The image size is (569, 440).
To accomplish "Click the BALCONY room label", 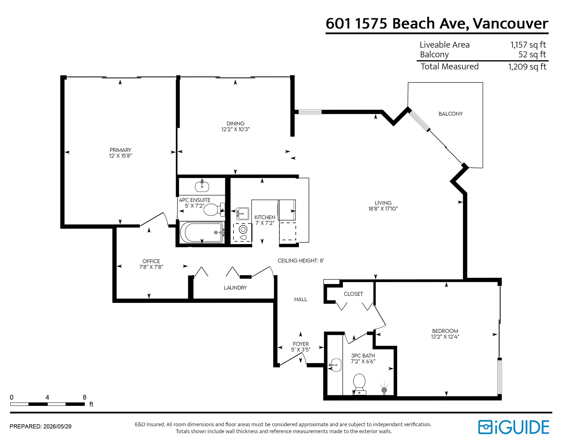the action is tap(450, 114).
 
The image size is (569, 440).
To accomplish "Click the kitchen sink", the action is tap(243, 214).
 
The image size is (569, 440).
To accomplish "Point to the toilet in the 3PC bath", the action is tap(359, 384).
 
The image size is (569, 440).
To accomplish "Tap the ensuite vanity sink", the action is tap(202, 186).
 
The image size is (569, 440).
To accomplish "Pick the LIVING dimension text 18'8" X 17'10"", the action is tap(383, 209).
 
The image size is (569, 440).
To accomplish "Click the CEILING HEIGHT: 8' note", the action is tap(301, 260).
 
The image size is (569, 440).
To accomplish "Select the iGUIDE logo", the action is tap(513, 427).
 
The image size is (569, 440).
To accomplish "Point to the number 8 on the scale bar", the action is tap(84, 397).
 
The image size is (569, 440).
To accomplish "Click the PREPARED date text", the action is tap(40, 426).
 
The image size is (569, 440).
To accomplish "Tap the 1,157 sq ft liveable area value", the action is tap(528, 45).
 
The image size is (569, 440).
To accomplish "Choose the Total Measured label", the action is tap(450, 66).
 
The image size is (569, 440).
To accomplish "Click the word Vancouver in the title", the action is tap(510, 23).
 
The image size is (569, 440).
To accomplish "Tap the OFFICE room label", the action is tap(151, 261).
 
